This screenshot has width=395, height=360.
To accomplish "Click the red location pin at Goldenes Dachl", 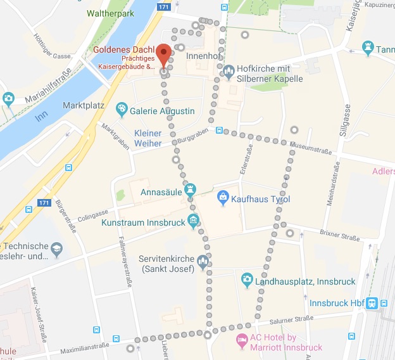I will [164, 55].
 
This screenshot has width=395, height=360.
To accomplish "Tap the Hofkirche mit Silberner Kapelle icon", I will [229, 73].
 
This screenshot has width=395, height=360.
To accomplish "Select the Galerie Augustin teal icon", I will [122, 111].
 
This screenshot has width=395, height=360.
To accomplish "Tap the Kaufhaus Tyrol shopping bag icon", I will [223, 199].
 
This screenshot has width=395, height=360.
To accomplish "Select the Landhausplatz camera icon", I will [248, 280].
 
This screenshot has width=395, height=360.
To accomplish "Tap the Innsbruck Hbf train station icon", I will [373, 303].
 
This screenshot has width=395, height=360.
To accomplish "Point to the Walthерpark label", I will [111, 13].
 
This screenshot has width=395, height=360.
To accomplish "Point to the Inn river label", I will [42, 116].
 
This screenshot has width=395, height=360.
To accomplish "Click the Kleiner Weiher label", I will [147, 138].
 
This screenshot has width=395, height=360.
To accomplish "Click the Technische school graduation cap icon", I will [57, 248].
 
